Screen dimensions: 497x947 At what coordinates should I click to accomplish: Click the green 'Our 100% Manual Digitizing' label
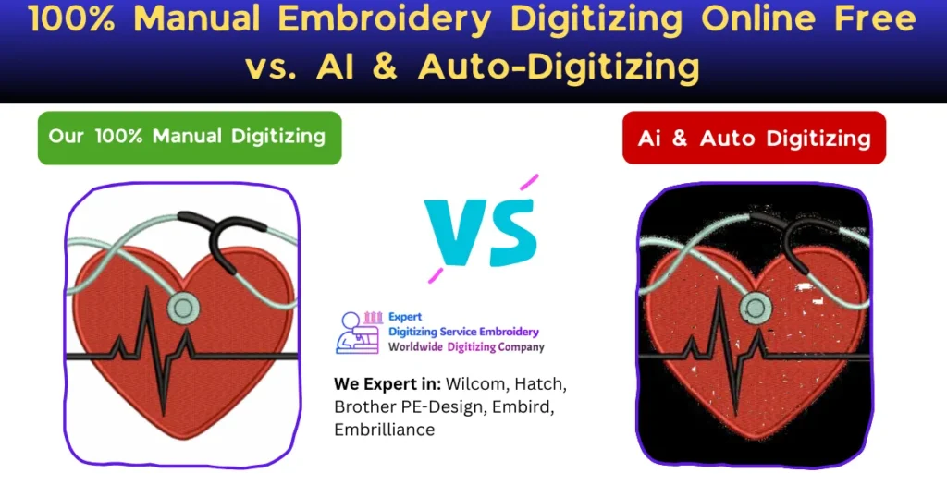pyautogui.click(x=189, y=138)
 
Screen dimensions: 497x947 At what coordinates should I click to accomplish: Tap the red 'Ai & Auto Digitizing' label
pyautogui.click(x=754, y=139)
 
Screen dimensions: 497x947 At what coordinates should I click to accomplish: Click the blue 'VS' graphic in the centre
pyautogui.click(x=480, y=228)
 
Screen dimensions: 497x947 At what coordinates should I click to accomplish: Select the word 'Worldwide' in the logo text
pyautogui.click(x=422, y=347)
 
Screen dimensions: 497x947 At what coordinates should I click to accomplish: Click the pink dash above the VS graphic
pyautogui.click(x=528, y=183)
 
